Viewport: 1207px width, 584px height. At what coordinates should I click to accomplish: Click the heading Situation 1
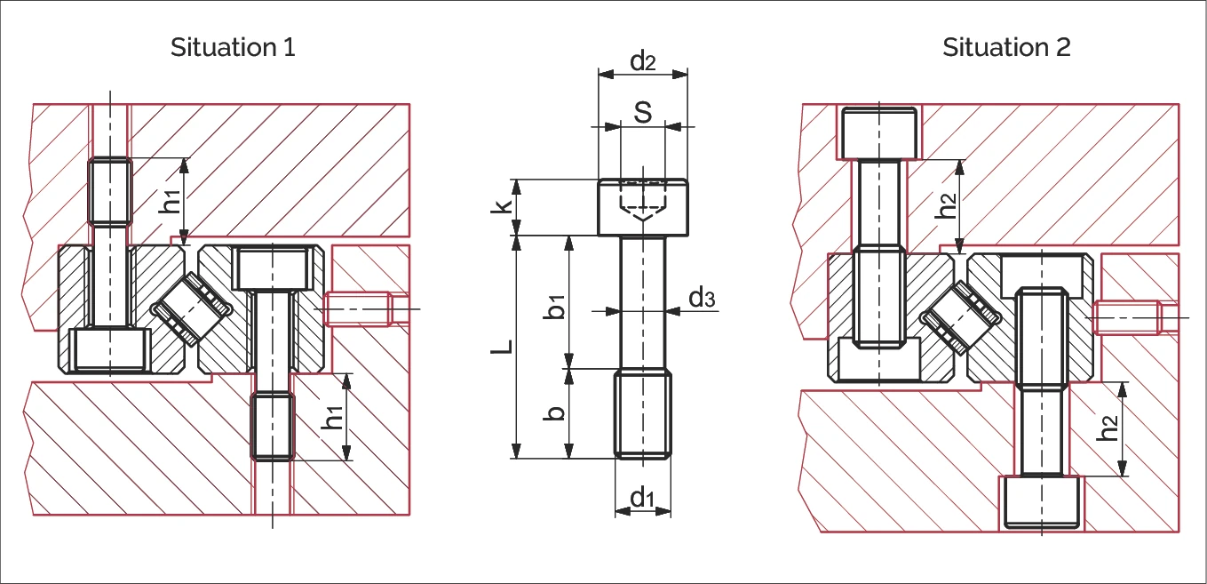(x=233, y=47)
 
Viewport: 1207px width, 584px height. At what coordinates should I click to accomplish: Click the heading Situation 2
(x=1006, y=47)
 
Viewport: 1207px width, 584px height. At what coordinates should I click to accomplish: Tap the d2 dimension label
(x=642, y=61)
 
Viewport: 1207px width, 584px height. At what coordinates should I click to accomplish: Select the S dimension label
(x=642, y=113)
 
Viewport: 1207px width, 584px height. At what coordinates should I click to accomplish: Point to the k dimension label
(x=503, y=207)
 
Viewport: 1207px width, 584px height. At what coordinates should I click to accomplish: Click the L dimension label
(x=503, y=347)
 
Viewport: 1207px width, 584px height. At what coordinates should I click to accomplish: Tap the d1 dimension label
(x=642, y=499)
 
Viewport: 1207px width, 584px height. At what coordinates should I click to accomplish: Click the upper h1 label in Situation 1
(x=169, y=201)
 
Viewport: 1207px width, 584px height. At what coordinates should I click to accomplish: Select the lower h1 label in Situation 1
(x=332, y=418)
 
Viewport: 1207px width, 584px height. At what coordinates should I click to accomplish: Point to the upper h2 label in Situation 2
(x=948, y=204)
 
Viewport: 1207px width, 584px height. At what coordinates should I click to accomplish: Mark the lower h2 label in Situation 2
(x=1108, y=428)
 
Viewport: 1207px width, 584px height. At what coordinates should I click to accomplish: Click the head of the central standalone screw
(x=642, y=207)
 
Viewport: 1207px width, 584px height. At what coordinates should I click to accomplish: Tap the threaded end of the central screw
(x=642, y=415)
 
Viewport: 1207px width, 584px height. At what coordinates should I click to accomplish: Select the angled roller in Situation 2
(x=960, y=317)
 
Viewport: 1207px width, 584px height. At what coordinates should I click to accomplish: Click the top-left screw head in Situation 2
(x=878, y=132)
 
